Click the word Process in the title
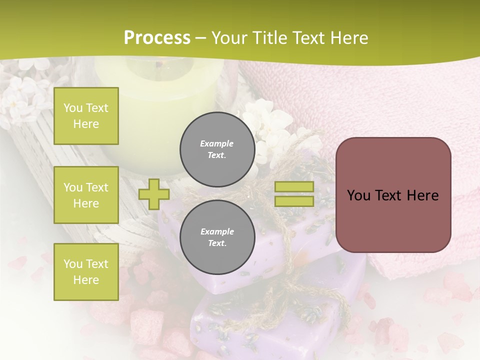(x=157, y=38)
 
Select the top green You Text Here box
(x=86, y=116)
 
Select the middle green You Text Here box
(x=86, y=195)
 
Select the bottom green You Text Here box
(x=86, y=272)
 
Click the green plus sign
(x=154, y=194)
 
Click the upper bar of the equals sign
(x=294, y=186)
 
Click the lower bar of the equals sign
(x=294, y=201)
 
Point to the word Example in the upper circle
(x=216, y=143)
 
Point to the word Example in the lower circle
(x=217, y=231)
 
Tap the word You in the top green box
(x=73, y=108)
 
